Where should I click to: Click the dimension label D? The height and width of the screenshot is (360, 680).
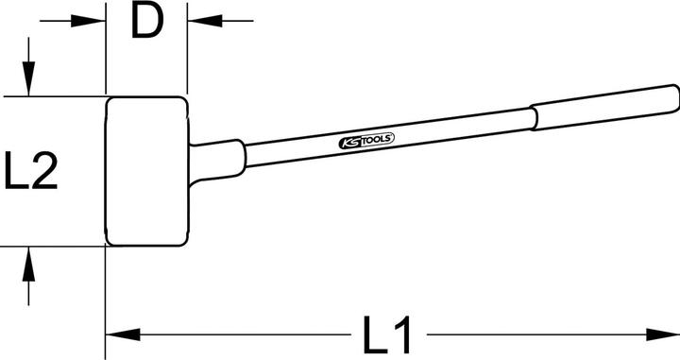tap(146, 21)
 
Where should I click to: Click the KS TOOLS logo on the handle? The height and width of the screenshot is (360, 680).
tap(366, 141)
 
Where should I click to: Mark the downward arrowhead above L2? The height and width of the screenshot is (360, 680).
tap(29, 81)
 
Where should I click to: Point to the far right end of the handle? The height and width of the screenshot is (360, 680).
tap(674, 96)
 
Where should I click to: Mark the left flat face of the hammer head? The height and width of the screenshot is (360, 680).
tap(107, 171)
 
